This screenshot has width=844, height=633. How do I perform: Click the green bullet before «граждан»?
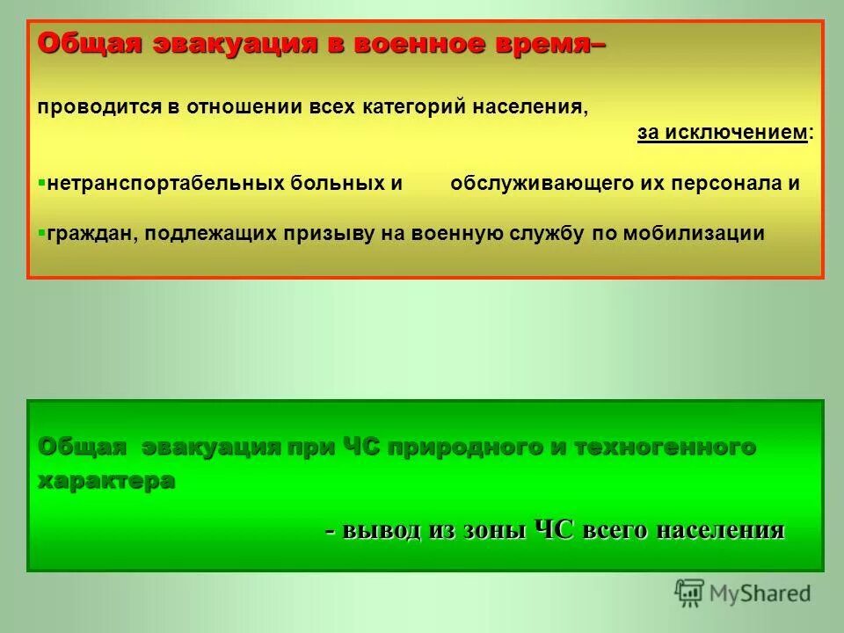tap(41, 232)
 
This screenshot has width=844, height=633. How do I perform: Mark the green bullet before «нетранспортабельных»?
tap(41, 183)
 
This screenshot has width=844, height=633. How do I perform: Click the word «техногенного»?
tap(665, 447)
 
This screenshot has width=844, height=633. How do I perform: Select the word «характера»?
tap(105, 481)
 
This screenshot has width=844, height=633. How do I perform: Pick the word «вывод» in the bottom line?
tap(382, 530)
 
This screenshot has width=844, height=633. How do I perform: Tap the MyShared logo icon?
tap(690, 592)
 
